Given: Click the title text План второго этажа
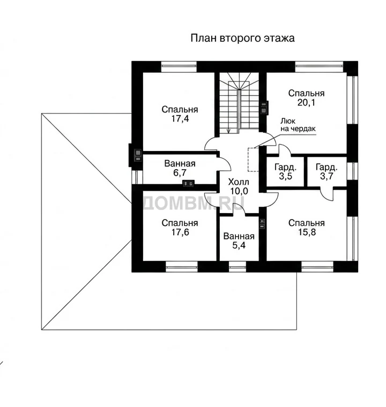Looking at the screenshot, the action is coord(242,38).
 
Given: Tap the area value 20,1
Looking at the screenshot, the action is coord(306,102).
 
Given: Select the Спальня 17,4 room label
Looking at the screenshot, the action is coord(180,114).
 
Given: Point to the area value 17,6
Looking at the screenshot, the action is coord(180,232).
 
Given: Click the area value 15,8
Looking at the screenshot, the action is coord(307,232).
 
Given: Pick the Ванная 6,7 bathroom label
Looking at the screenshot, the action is coord(180,168).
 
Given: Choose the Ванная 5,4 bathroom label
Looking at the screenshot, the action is coord(239,240).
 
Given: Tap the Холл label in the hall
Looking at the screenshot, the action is coord(239,182).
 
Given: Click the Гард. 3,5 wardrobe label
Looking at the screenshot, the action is coord(285,171).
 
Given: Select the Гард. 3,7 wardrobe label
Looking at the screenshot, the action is coord(326,171).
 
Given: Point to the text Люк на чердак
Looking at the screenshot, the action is coord(298,125).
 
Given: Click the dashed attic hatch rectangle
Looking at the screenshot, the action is coord(253,160).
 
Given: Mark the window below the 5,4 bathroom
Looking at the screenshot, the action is coord(237,266).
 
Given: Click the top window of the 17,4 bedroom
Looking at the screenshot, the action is coord(179,67).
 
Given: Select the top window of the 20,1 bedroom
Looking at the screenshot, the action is coord(319,67).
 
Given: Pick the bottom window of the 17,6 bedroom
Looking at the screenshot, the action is coord(182,266).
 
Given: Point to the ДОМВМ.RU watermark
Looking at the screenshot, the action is coord(194,203).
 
